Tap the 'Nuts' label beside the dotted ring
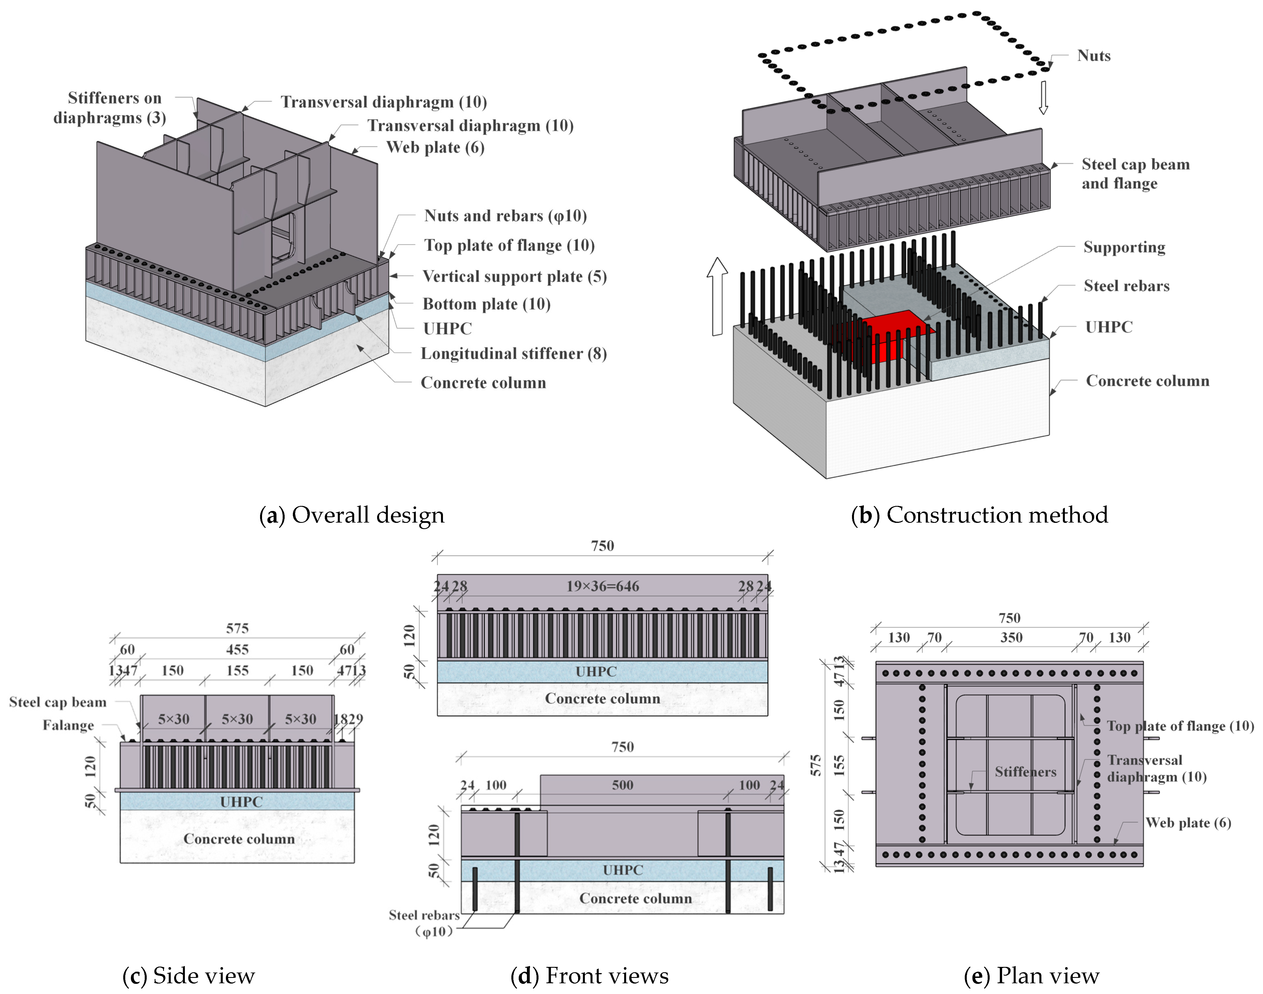click(x=1094, y=56)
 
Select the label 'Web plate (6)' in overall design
click(x=435, y=147)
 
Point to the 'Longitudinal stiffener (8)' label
click(x=514, y=354)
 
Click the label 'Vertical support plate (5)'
click(x=514, y=277)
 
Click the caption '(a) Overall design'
click(x=352, y=515)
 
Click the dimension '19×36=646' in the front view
click(x=603, y=587)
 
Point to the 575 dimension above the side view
click(x=237, y=628)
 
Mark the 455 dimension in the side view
click(x=237, y=649)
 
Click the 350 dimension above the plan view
click(x=1011, y=638)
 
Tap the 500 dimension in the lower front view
click(x=622, y=785)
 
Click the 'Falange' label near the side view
click(x=68, y=726)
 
